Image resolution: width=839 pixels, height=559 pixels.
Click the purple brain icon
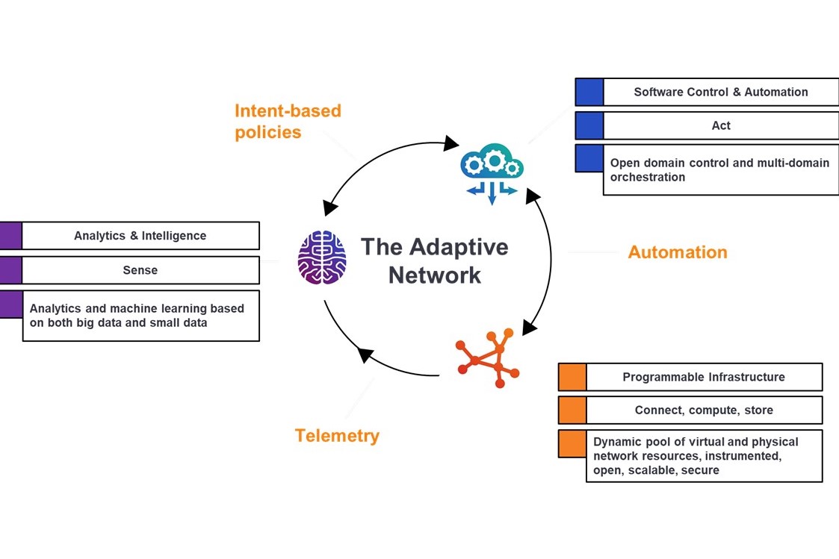click(321, 257)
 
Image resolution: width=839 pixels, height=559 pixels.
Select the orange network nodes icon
click(487, 357)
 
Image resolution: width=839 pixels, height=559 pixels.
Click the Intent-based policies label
click(288, 122)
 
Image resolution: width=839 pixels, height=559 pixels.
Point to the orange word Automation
click(678, 252)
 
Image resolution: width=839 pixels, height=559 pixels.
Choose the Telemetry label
click(336, 436)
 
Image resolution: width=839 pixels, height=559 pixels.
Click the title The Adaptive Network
click(435, 260)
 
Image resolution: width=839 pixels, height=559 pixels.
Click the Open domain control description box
click(721, 170)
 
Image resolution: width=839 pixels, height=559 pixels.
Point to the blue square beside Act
click(589, 125)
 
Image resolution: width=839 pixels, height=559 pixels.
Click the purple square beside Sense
click(10, 270)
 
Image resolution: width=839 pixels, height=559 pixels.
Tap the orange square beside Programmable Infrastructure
click(572, 378)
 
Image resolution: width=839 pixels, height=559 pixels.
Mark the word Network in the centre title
click(435, 275)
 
